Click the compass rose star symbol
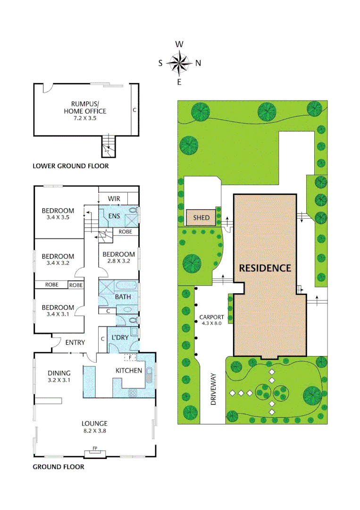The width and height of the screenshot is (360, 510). click(x=179, y=63)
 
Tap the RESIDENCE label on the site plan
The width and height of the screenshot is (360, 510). click(x=265, y=268)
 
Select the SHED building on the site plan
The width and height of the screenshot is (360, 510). click(x=201, y=218)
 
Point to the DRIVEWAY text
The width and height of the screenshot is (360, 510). click(x=213, y=390)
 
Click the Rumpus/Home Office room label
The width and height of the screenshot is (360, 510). click(x=85, y=108)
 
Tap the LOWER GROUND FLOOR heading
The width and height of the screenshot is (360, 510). click(x=70, y=166)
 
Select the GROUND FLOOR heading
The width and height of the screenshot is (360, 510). click(x=58, y=467)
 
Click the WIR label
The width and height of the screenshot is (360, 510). click(x=114, y=199)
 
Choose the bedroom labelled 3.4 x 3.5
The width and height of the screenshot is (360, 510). click(x=58, y=214)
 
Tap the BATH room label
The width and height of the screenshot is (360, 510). click(x=123, y=297)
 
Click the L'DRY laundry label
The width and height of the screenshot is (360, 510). click(x=120, y=338)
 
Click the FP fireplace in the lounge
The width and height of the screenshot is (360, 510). click(x=95, y=449)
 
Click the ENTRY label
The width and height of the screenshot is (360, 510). click(x=75, y=342)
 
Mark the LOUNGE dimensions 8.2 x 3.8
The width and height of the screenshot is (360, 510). click(x=94, y=431)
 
